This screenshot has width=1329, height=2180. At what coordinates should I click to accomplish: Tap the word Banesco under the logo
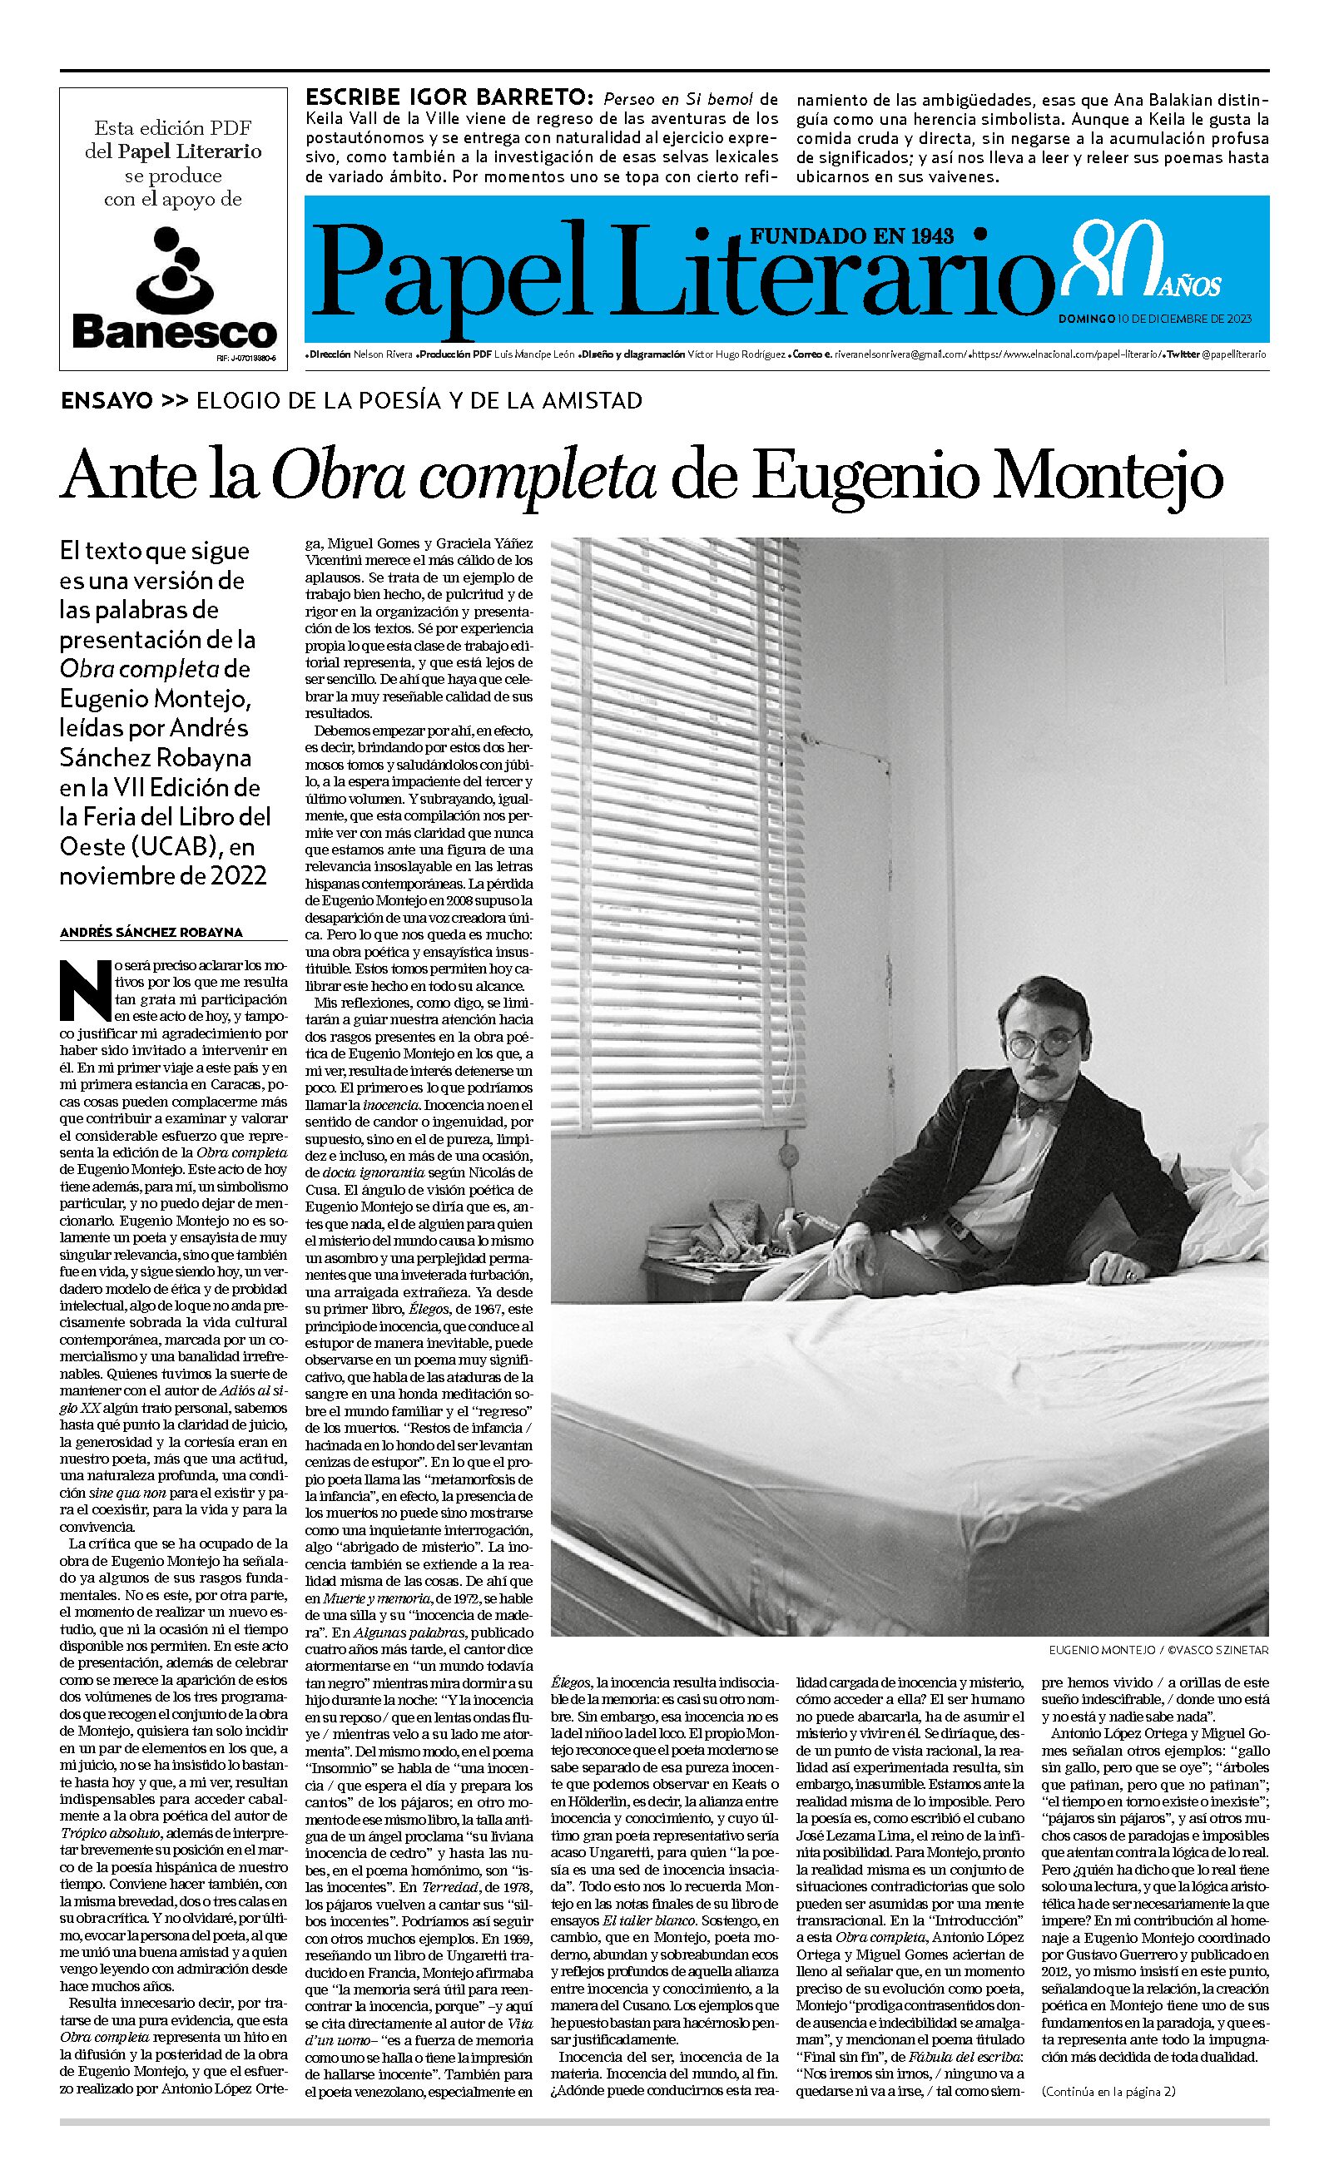(x=174, y=332)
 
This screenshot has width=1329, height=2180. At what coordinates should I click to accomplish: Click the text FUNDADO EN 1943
(x=852, y=235)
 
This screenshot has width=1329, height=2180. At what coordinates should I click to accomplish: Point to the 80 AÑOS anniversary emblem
(x=1143, y=260)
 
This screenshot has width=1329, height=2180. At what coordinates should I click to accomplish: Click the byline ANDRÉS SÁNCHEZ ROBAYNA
(x=151, y=933)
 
